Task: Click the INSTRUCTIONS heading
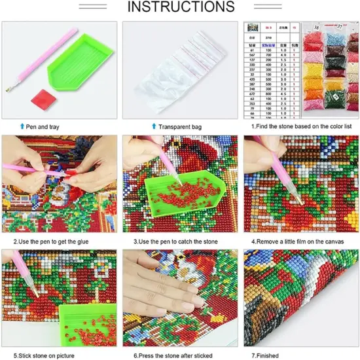[x=179, y=8]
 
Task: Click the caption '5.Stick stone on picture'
[x=43, y=355]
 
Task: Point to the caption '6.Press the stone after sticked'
[x=171, y=355]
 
